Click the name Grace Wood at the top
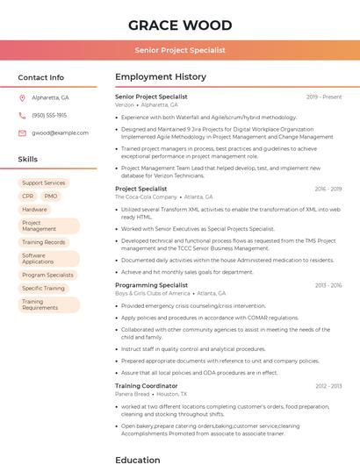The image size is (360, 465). [180, 25]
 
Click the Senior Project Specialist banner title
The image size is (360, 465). [180, 51]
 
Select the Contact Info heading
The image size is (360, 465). [41, 77]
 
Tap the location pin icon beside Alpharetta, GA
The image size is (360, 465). [22, 97]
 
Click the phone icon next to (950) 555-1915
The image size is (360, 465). [22, 115]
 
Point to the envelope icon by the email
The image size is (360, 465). [22, 133]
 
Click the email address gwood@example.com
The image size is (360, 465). [61, 133]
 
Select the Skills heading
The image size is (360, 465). [28, 160]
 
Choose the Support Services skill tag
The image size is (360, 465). [44, 182]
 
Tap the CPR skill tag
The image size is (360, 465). [28, 197]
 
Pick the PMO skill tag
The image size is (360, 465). [51, 197]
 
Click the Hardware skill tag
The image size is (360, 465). [35, 210]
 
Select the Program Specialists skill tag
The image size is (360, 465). [47, 275]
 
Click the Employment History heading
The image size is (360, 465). [161, 77]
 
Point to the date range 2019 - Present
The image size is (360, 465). [324, 97]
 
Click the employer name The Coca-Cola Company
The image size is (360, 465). [146, 197]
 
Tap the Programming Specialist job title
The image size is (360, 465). [151, 285]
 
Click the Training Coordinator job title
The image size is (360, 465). [146, 386]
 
